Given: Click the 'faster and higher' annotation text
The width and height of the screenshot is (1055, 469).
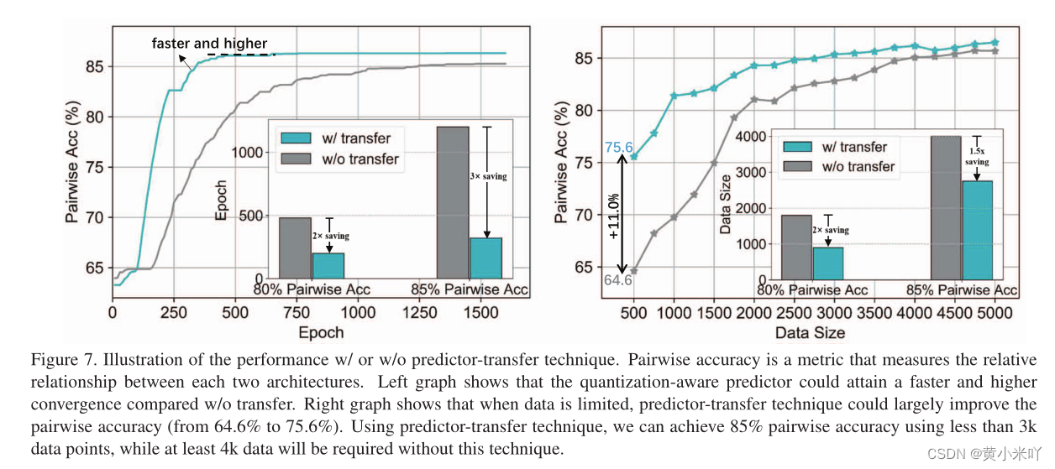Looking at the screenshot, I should coord(209,43).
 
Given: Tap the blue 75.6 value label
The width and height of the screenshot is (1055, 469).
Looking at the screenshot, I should coord(617,149).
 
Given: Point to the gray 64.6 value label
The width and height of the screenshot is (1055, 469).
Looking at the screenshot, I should coord(617,280).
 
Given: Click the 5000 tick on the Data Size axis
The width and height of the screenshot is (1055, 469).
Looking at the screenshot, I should coord(995,313).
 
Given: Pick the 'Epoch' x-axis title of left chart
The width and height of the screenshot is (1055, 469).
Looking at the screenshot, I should coord(321,333).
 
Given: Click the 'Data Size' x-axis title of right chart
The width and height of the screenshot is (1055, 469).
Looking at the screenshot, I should coord(811,333).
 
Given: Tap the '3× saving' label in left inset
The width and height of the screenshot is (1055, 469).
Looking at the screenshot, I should coord(487,176).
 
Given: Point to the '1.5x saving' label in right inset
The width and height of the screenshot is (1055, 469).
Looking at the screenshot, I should coord(977,156).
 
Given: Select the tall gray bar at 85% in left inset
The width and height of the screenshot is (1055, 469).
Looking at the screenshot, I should coord(453,202).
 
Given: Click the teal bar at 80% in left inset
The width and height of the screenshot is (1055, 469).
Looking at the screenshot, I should coord(328,265).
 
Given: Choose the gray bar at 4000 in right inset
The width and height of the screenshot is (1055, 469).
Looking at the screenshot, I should coord(946,207).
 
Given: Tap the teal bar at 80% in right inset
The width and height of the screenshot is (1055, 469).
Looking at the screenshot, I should coord(827,263).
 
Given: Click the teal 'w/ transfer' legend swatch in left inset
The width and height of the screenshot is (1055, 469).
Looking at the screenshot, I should coord(295,138).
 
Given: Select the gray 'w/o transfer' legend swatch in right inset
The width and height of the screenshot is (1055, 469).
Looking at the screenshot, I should coord(797,166).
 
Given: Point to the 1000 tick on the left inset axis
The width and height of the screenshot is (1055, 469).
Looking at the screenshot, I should coord(249,152).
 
